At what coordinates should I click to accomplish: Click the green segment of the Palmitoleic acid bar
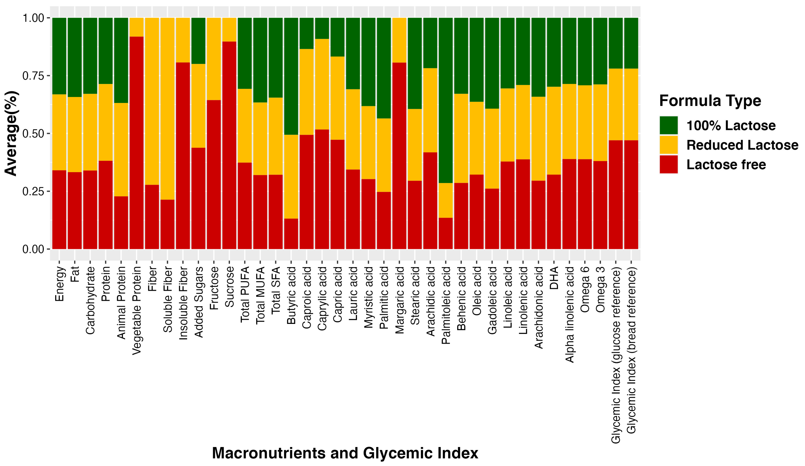pos(445,100)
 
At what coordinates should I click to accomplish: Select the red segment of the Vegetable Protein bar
pos(136,142)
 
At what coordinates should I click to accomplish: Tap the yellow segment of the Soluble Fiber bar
pos(167,109)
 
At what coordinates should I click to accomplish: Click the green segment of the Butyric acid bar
pos(291,76)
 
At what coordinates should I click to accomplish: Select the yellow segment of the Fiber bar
pos(152,101)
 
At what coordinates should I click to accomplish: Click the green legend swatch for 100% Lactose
pos(669,125)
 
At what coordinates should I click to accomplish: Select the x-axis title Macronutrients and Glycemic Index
pos(345,453)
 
